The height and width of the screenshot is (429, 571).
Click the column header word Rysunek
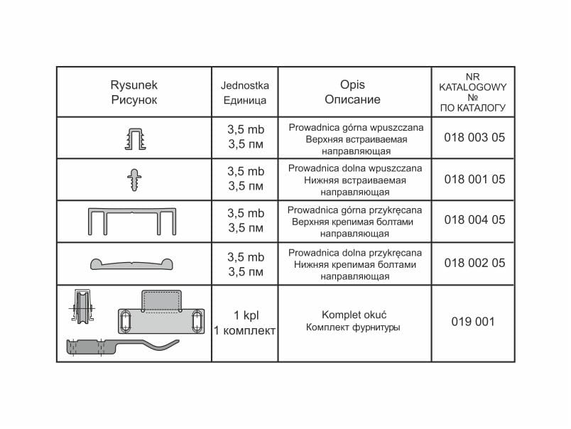click(134, 85)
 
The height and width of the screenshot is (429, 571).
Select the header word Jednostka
click(244, 85)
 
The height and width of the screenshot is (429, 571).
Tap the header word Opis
click(354, 85)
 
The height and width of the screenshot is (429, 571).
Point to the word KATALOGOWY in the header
click(472, 86)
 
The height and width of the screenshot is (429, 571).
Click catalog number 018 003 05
click(474, 138)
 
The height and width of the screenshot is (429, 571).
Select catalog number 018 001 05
click(474, 179)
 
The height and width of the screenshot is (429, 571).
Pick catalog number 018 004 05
click(474, 220)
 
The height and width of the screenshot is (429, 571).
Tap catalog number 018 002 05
click(474, 262)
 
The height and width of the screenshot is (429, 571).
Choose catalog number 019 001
click(473, 322)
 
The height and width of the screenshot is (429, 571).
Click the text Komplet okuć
click(354, 314)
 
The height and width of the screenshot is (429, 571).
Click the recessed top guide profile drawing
click(134, 137)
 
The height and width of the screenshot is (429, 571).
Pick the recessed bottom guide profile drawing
click(134, 178)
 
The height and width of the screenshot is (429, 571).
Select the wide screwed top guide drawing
click(134, 220)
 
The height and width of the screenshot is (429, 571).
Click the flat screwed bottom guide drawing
click(134, 262)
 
